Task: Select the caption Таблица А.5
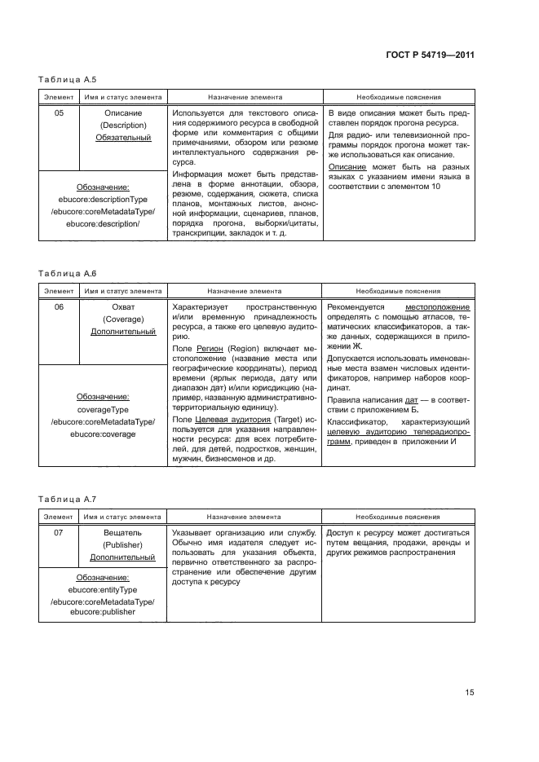click(68, 80)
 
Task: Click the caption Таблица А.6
click(68, 274)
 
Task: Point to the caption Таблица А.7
click(68, 498)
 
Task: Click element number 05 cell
click(59, 112)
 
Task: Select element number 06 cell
click(59, 306)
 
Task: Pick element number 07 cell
click(59, 531)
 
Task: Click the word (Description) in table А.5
click(122, 125)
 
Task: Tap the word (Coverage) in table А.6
click(122, 319)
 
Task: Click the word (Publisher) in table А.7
click(122, 544)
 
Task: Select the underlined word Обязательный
click(122, 138)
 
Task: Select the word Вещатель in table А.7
click(122, 531)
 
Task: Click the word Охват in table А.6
click(122, 306)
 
